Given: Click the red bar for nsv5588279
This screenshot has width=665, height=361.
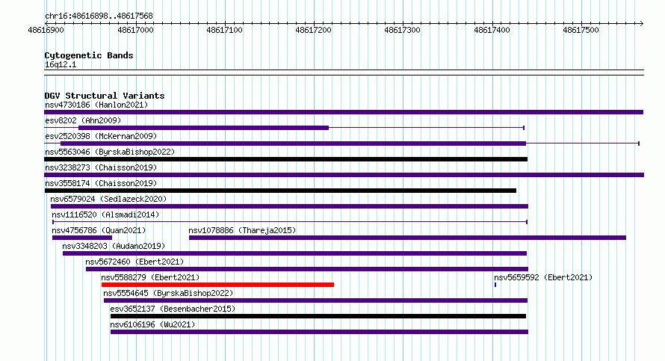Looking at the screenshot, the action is click(x=217, y=285).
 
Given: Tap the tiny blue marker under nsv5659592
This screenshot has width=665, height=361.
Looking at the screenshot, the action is click(x=495, y=285).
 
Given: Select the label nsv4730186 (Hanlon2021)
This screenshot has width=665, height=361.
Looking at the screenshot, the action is click(x=96, y=105).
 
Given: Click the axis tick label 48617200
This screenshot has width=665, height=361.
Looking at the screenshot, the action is click(x=313, y=30).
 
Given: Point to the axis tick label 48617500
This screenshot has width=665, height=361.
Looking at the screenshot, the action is click(x=581, y=30).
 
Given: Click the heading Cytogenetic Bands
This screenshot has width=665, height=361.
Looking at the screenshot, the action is click(x=89, y=55).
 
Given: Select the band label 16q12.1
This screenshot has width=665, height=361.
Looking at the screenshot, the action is click(x=61, y=64).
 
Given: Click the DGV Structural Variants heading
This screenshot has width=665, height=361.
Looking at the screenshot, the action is click(x=105, y=96).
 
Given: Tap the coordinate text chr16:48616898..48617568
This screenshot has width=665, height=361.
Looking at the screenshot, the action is click(x=99, y=16).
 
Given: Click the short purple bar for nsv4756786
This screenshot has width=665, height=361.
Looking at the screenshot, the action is click(x=82, y=238).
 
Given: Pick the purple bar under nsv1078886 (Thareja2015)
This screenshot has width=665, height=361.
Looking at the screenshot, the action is click(x=407, y=238).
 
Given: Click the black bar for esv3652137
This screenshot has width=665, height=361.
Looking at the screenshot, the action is click(x=318, y=316).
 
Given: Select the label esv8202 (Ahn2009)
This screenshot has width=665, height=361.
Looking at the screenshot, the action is click(x=83, y=120).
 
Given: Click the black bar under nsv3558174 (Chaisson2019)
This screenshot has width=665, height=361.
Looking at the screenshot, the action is click(x=280, y=191).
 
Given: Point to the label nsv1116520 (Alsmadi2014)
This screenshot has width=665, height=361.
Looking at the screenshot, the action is click(x=105, y=215).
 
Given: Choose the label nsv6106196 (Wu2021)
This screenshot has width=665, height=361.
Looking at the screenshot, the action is click(x=152, y=324).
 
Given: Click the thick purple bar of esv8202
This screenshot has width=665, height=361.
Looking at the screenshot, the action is click(x=203, y=128).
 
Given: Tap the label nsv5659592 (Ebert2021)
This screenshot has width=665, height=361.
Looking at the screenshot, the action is click(x=543, y=277).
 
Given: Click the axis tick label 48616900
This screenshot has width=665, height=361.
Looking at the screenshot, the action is click(x=46, y=30).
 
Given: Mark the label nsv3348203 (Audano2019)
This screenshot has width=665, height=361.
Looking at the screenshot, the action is click(x=114, y=246).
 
